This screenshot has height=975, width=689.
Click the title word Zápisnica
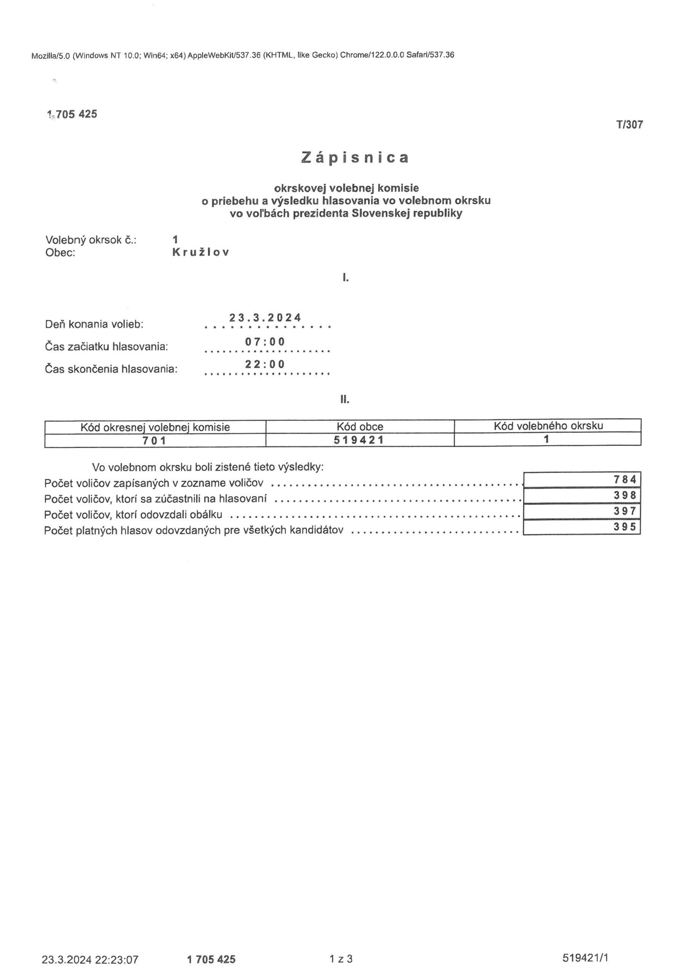tap(355, 158)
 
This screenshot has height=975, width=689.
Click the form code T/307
tap(630, 125)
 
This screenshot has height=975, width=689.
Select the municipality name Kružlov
tap(200, 252)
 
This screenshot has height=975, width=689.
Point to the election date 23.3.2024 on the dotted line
tap(265, 318)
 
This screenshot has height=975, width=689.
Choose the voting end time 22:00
tap(265, 364)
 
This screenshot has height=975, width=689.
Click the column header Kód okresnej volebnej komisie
tap(155, 427)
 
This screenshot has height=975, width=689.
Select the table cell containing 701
tap(155, 441)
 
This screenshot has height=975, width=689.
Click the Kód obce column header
tap(360, 426)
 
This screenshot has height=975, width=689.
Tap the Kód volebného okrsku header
tap(548, 425)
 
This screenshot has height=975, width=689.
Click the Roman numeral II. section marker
tap(345, 399)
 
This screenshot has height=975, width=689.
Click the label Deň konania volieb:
tap(94, 324)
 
